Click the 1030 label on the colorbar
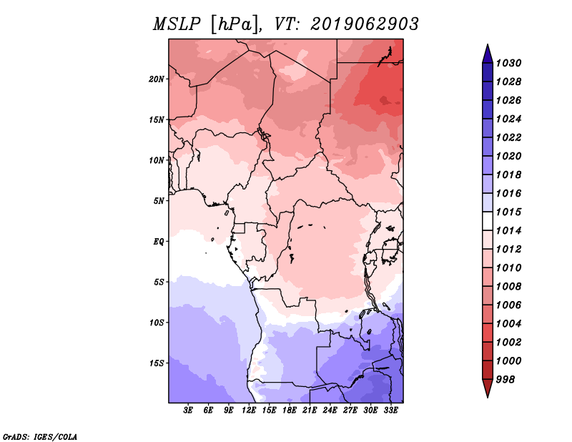[x=509, y=63]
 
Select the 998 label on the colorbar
[x=506, y=380]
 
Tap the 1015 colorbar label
[x=509, y=212]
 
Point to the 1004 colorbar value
[x=509, y=324]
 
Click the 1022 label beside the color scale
[x=509, y=137]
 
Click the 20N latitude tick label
[x=157, y=79]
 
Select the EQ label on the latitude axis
[x=159, y=242]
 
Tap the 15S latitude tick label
[x=157, y=363]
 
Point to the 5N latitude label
[x=159, y=201]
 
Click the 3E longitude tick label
[x=188, y=411]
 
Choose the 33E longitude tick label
[x=390, y=411]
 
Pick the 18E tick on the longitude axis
[x=290, y=411]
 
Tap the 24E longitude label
[x=330, y=411]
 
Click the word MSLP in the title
[x=177, y=24]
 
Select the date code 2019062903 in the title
[x=365, y=24]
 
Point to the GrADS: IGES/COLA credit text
[x=40, y=437]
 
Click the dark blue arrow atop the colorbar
[x=488, y=54]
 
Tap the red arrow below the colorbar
[x=488, y=388]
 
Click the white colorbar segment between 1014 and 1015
[x=488, y=221]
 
